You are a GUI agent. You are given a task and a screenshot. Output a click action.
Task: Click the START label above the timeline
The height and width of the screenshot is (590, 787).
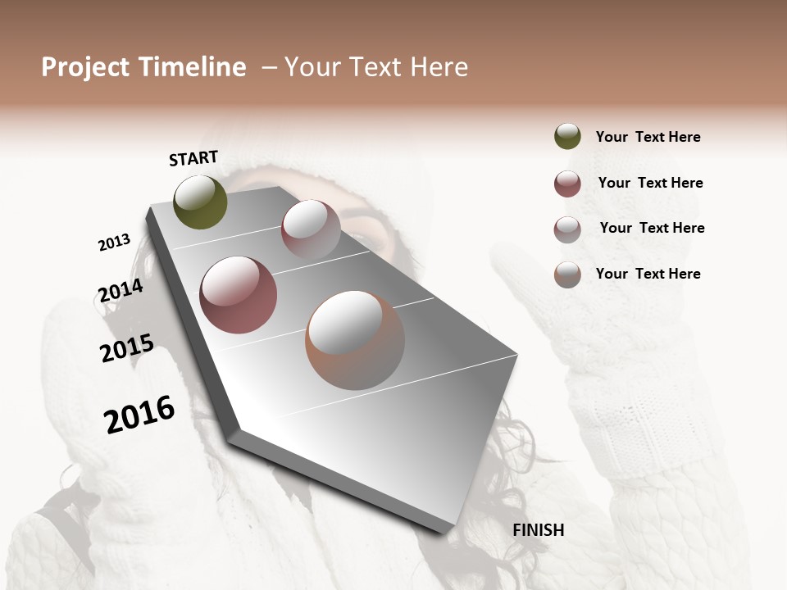tap(193, 158)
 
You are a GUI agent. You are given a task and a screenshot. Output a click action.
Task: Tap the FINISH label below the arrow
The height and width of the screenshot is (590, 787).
tap(538, 530)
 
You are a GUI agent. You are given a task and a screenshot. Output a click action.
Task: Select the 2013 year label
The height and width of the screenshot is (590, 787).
tap(115, 243)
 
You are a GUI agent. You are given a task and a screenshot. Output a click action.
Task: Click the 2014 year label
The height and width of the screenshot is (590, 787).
tap(121, 290)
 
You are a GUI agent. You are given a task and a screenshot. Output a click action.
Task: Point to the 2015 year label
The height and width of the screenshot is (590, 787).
tap(127, 348)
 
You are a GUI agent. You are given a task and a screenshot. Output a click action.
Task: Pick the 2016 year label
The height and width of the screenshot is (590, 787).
tap(140, 415)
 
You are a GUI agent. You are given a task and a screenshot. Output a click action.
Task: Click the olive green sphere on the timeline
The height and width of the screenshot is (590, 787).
tap(201, 202)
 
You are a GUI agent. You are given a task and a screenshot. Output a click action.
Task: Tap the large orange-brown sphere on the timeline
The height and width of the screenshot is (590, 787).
tap(355, 340)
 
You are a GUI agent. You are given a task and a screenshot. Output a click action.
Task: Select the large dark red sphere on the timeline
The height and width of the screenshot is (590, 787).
tap(239, 295)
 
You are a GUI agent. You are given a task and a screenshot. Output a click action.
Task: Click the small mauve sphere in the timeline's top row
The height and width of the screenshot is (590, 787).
tap(311, 229)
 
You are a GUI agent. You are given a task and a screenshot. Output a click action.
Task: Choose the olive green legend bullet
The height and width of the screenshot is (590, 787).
tap(567, 137)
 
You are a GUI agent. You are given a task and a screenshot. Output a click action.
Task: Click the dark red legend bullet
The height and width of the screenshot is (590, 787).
tap(567, 184)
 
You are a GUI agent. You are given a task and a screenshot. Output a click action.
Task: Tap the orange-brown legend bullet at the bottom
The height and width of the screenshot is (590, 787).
tap(567, 275)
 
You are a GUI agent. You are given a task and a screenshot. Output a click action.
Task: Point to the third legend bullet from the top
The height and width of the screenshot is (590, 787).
tap(567, 229)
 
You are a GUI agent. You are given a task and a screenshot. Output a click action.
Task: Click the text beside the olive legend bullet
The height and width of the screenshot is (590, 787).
tap(648, 137)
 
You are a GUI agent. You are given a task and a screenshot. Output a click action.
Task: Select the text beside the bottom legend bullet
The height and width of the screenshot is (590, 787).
tap(648, 274)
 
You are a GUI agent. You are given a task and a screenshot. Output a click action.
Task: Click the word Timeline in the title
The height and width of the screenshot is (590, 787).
tap(192, 67)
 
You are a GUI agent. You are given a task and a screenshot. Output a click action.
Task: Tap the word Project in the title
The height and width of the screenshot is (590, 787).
tap(84, 67)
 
